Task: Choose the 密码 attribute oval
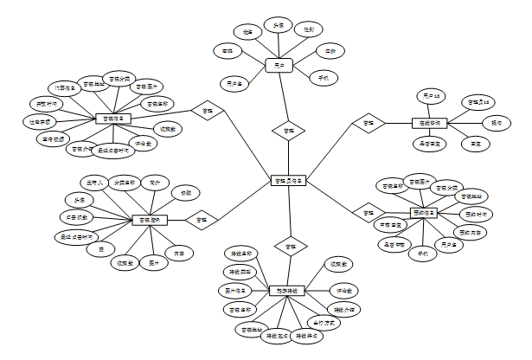tap(228, 51)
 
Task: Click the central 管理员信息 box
tap(287, 180)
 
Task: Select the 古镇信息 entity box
tap(112, 119)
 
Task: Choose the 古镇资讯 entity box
tap(150, 220)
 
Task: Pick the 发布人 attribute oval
tap(94, 183)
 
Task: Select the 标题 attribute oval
tap(184, 191)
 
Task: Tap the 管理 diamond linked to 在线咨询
tap(369, 124)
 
